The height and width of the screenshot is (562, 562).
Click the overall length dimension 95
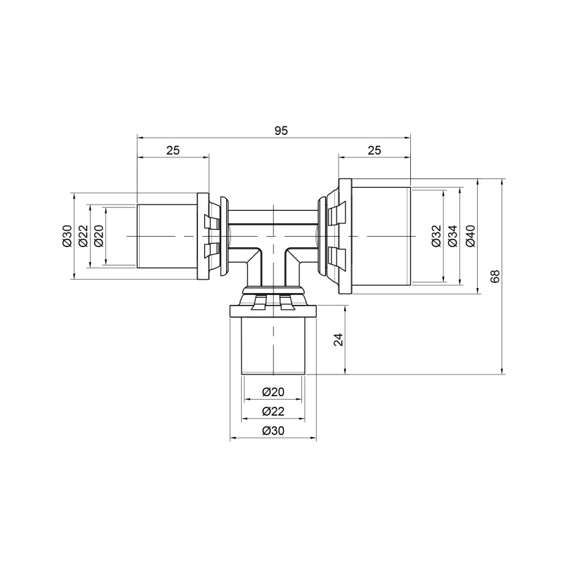(x=281, y=131)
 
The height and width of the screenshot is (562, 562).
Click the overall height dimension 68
(x=496, y=275)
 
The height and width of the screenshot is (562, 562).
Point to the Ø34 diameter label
(x=453, y=236)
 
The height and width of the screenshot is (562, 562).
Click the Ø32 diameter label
(x=436, y=236)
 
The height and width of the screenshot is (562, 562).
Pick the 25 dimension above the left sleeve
(x=174, y=150)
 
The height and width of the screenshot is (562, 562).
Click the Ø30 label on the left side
(x=66, y=236)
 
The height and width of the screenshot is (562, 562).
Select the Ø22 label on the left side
(x=83, y=236)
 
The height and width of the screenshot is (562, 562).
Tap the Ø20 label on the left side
(x=99, y=236)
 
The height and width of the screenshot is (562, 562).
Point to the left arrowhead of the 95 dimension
(x=140, y=138)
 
